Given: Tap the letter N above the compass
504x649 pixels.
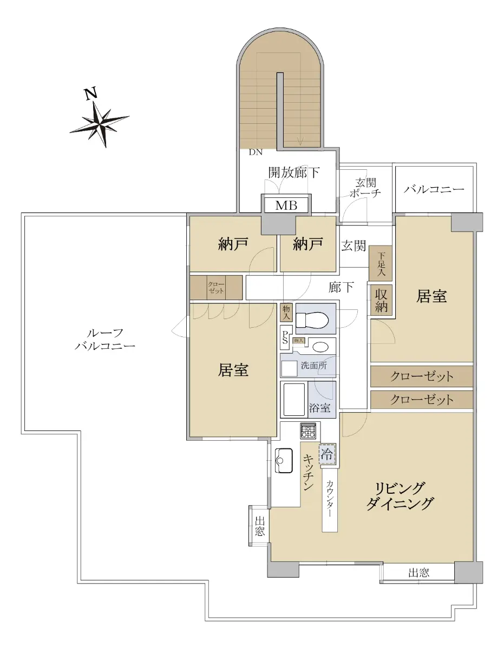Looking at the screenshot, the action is click(91, 93).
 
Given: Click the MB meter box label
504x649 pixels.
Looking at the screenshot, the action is click(286, 206).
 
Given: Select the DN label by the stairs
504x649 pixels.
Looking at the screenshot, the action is click(256, 153).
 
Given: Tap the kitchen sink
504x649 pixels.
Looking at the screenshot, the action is click(284, 460).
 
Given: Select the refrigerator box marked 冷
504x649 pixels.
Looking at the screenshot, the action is click(328, 454).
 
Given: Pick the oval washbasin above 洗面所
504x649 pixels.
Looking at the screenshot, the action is click(320, 347).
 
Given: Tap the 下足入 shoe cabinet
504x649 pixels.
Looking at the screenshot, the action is click(381, 264).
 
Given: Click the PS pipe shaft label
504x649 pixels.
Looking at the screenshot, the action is click(285, 337).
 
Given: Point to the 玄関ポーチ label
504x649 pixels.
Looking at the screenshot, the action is click(365, 188).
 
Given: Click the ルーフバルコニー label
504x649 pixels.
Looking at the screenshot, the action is click(104, 340).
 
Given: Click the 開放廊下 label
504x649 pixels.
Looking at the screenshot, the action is click(294, 173).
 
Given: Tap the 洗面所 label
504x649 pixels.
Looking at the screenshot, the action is click(314, 365).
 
